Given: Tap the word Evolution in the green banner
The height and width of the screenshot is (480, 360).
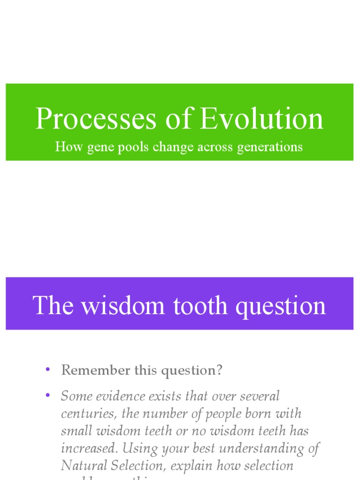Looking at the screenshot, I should pyautogui.click(x=262, y=119).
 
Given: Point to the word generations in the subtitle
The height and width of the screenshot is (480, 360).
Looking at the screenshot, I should pyautogui.click(x=270, y=147).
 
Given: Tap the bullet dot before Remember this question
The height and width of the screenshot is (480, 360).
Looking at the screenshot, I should pyautogui.click(x=47, y=369).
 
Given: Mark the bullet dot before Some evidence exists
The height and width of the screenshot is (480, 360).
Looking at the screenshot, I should pyautogui.click(x=47, y=396).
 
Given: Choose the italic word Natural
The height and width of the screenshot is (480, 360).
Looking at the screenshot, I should pyautogui.click(x=84, y=465).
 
